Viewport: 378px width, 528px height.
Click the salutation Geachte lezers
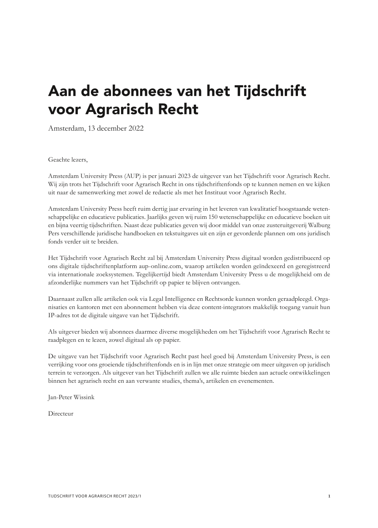pos(67,159)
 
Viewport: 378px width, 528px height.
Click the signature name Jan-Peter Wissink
pos(71,397)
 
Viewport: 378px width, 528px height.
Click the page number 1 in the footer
pos(329,496)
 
